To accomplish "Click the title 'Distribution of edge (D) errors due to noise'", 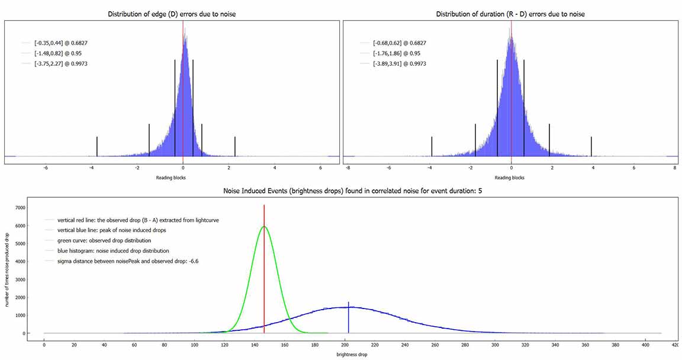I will (x=172, y=14).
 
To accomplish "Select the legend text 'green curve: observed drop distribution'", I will (x=104, y=240).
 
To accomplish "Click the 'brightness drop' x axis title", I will (x=353, y=353).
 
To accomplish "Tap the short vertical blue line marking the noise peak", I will (x=348, y=317).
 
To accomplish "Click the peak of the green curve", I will (x=264, y=226).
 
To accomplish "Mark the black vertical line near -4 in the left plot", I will (x=97, y=146).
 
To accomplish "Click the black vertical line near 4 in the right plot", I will (x=592, y=146).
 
